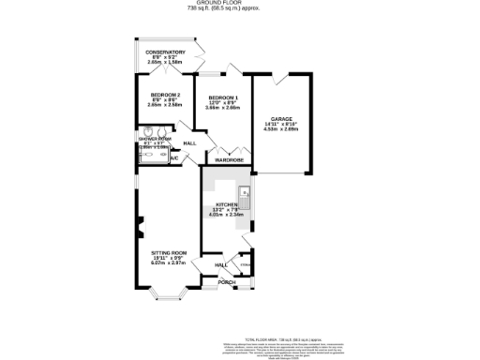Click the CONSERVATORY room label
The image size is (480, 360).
coord(165,52)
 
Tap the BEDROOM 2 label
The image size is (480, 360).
coord(165,96)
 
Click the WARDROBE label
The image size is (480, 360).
coord(229,160)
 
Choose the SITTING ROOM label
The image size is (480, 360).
coord(170,253)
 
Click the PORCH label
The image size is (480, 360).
coord(225,281)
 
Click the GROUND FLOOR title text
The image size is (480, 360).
coord(240,3)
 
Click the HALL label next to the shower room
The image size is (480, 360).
coord(188,142)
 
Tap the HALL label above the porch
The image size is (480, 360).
coord(221,265)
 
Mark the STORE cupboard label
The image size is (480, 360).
coord(245,265)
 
